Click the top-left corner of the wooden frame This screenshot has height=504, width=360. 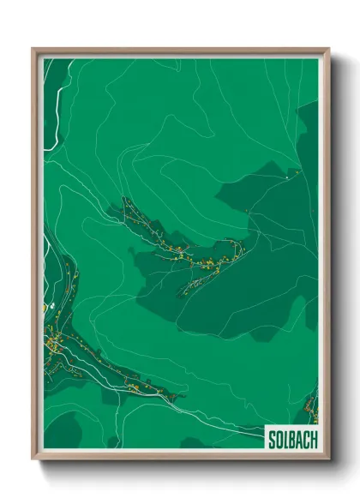[33, 49]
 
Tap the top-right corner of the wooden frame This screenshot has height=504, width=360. [328, 49]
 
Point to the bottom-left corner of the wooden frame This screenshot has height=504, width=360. [33, 459]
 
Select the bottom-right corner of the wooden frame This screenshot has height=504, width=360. [328, 459]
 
